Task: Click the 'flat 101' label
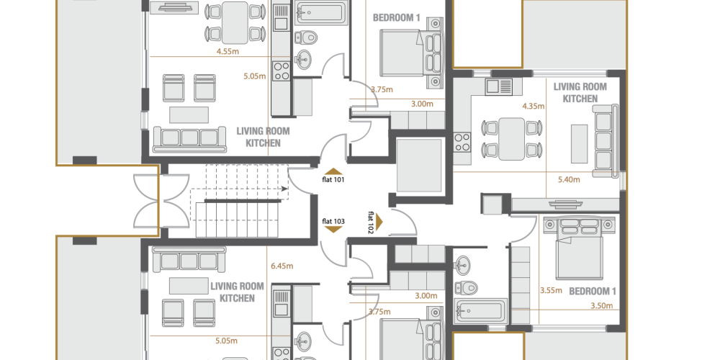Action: (333, 179)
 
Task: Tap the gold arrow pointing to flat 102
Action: (379, 222)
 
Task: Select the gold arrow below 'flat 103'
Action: (333, 229)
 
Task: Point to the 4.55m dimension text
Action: (228, 51)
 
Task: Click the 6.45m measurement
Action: (282, 266)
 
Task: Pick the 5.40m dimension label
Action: (569, 179)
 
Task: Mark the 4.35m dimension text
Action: (533, 107)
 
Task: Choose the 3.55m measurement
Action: (551, 290)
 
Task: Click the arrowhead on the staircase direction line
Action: (285, 188)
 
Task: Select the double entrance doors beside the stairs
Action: (161, 201)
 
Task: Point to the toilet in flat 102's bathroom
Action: (466, 288)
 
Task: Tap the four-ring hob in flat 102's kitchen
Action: (462, 142)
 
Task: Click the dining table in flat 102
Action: (511, 139)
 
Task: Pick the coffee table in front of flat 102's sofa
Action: (579, 144)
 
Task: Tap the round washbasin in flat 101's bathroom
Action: (302, 58)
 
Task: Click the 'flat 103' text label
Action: (333, 221)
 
